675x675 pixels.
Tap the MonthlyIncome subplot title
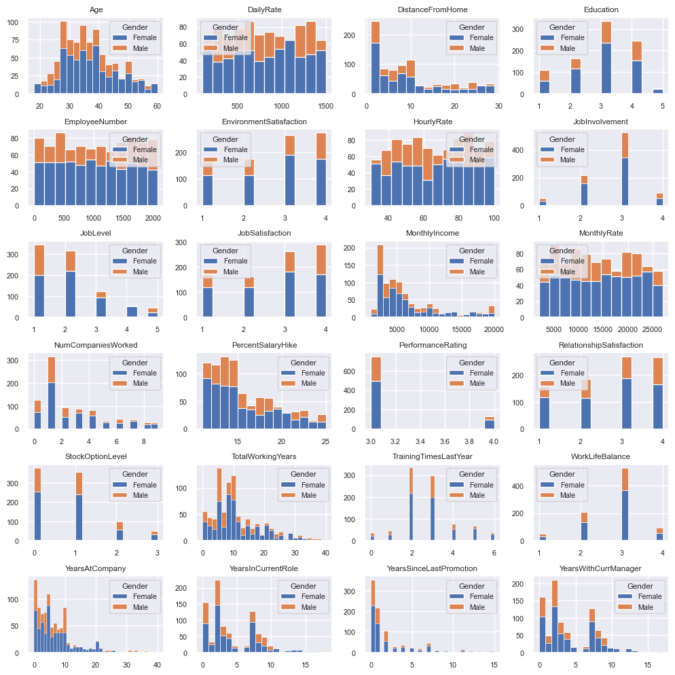433,233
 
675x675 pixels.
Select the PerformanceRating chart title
433,345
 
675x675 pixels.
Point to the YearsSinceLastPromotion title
433,568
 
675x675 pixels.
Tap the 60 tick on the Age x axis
158,107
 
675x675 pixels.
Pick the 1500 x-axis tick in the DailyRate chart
325,107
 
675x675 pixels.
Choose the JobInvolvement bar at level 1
543,202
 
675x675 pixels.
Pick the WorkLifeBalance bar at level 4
659,534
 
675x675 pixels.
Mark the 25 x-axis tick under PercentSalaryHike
325,442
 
